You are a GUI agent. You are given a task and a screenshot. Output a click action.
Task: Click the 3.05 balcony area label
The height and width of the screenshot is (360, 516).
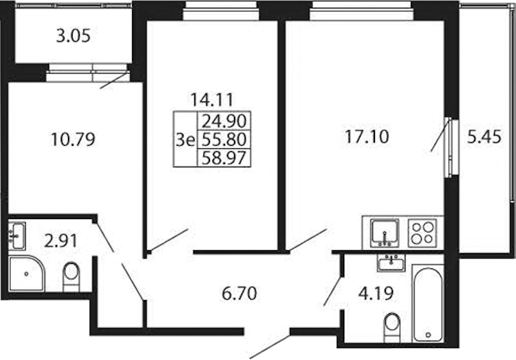73,36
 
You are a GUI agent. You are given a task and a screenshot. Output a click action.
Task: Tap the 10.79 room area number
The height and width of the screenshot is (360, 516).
73,139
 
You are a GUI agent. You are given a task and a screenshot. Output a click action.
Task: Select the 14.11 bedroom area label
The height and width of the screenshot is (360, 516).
212,100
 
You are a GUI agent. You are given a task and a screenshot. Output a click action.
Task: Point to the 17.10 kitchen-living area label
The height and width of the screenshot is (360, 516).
367,137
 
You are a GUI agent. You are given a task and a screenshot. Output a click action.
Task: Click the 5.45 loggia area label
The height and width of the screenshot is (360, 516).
484,137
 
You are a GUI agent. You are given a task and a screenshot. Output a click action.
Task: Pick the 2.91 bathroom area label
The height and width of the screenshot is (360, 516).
61,241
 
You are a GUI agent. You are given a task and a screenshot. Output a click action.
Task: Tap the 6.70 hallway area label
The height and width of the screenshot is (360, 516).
239,293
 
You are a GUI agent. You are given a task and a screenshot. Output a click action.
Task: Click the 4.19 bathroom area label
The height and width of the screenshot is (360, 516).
376,293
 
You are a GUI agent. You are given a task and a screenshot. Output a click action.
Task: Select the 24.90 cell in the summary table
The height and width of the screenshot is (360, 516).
224,121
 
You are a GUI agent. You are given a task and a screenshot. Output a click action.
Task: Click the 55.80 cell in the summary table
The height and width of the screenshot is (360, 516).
224,140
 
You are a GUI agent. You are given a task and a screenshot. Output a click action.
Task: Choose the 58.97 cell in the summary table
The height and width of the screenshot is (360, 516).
224,158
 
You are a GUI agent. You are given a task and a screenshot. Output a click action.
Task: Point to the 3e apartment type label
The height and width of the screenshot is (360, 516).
185,140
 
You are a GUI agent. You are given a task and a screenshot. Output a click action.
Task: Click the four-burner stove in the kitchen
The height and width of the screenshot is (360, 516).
422,233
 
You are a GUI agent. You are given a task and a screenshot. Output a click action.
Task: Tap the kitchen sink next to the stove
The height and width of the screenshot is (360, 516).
385,233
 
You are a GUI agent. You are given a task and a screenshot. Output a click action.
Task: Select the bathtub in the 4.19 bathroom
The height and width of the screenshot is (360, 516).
428,304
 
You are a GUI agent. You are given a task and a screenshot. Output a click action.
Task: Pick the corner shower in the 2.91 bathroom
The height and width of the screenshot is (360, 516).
26,273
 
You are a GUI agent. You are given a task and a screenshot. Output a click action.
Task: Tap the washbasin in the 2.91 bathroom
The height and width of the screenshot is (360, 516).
16,236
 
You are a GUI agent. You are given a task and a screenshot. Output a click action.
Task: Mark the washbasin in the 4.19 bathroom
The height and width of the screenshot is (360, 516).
391,263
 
